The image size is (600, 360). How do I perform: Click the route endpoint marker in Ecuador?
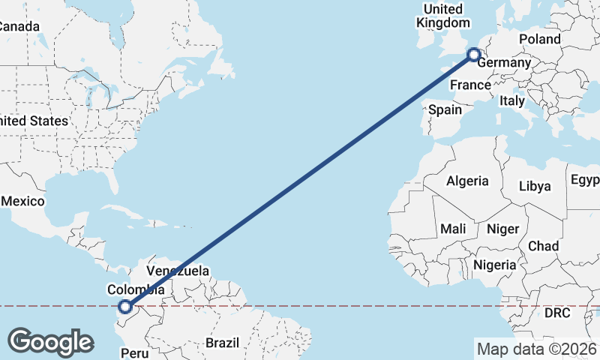[x=125, y=306]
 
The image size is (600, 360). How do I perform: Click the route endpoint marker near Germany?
[x=473, y=54]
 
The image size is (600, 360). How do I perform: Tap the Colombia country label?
[x=136, y=289]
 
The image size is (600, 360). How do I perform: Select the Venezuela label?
[x=178, y=271]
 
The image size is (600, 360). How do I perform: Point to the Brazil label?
[x=222, y=343]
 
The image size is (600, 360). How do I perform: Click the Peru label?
[x=135, y=352]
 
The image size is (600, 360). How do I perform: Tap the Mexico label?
[x=24, y=202]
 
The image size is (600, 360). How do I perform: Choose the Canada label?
[x=18, y=26]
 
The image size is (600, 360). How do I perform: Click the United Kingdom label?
[x=443, y=16]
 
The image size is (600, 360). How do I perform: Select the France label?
[x=470, y=85]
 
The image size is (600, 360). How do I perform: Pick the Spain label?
[x=445, y=109]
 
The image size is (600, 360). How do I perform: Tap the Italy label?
[x=512, y=100]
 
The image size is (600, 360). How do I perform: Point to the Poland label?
[x=538, y=39]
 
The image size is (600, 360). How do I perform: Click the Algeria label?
[x=467, y=181]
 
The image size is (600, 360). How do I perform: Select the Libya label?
[x=535, y=185]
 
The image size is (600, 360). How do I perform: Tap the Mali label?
[x=453, y=228]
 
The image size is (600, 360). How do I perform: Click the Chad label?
[x=543, y=245]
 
